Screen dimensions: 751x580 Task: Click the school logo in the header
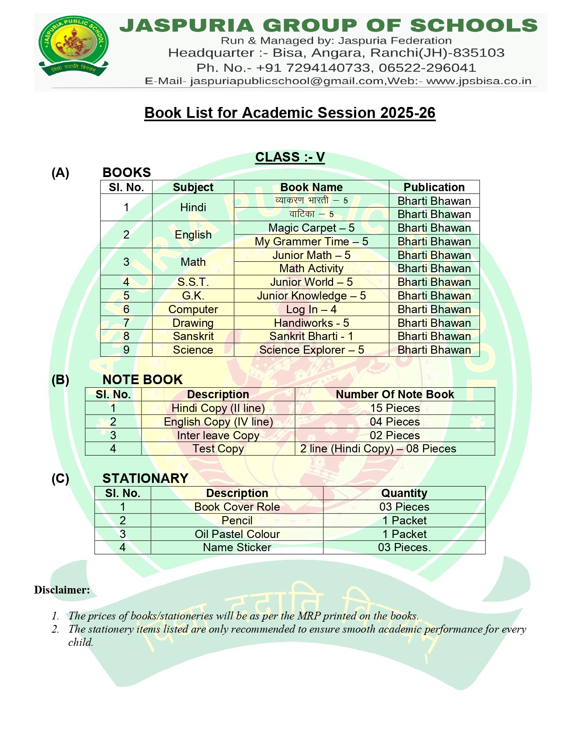point(74,46)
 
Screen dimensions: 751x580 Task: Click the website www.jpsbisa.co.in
point(479,81)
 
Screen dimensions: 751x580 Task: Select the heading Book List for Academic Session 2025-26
point(290,112)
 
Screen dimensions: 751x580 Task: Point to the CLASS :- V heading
point(290,157)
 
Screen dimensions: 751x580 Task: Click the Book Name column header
point(311,187)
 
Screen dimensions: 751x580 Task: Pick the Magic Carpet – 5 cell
point(311,228)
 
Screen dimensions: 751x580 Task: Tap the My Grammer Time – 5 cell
point(311,241)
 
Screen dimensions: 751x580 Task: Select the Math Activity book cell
point(311,269)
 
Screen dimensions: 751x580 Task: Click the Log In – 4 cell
point(311,310)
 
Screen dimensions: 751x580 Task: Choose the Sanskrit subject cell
point(193,336)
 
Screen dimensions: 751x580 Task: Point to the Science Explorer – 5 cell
point(311,350)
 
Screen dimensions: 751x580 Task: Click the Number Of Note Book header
point(394,394)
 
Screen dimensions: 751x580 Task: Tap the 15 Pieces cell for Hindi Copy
point(394,408)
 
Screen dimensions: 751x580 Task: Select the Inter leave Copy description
point(218,435)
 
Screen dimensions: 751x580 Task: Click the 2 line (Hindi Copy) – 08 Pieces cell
point(378,449)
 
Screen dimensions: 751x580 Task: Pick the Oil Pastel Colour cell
point(237,534)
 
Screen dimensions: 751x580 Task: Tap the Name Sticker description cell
point(237,547)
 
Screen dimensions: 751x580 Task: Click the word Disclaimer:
point(62,590)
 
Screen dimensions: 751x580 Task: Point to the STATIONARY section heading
point(145,478)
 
